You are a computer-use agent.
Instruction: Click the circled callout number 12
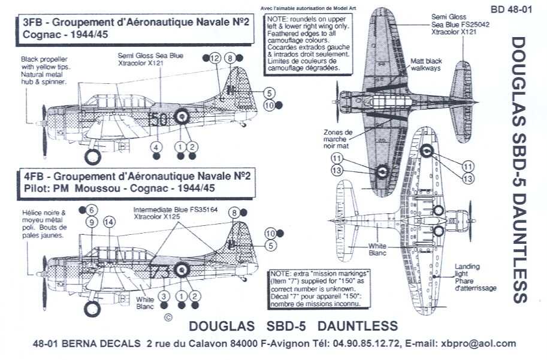click(x=216, y=58)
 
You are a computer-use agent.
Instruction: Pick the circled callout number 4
click(x=156, y=147)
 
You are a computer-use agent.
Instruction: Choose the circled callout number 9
click(x=92, y=222)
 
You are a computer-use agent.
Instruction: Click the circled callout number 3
click(x=164, y=297)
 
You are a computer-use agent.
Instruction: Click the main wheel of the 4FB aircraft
click(x=92, y=308)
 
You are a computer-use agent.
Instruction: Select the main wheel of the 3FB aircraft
click(x=92, y=157)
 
